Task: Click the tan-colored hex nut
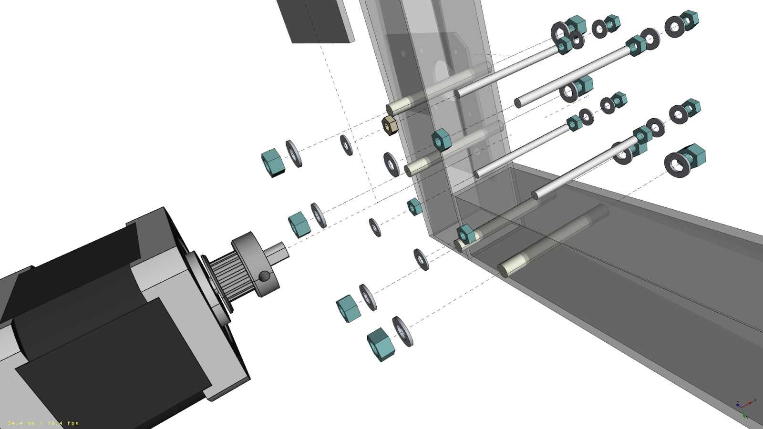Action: click(x=390, y=125)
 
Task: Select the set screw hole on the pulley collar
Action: click(x=264, y=276)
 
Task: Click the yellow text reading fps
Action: click(x=73, y=423)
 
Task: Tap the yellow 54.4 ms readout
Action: click(x=21, y=423)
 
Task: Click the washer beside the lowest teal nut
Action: click(x=402, y=331)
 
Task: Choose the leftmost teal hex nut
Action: click(x=273, y=163)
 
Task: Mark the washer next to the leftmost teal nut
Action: click(x=293, y=153)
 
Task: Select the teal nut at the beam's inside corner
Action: click(x=465, y=234)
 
